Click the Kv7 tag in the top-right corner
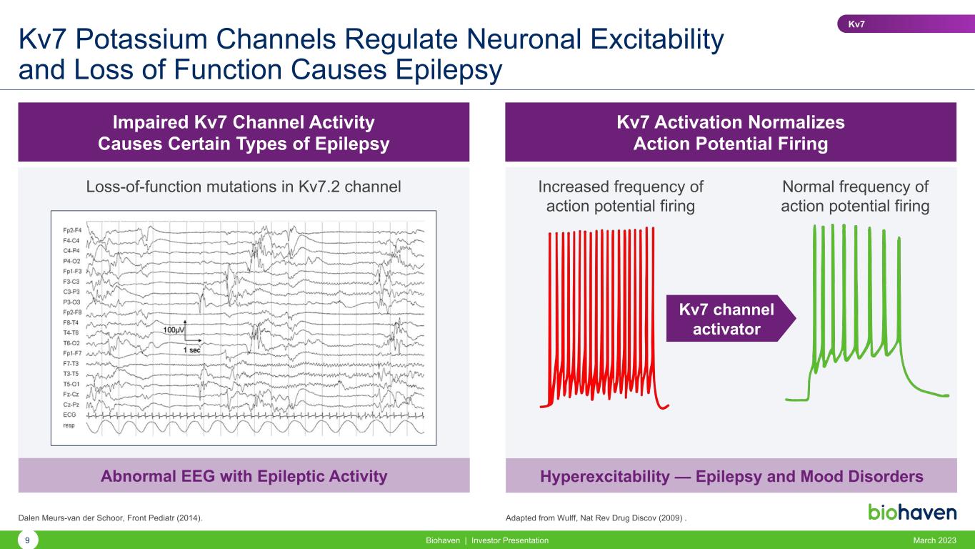pyautogui.click(x=906, y=24)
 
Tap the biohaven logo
pyautogui.click(x=912, y=513)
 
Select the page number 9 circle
pyautogui.click(x=27, y=540)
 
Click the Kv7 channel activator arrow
pyautogui.click(x=731, y=319)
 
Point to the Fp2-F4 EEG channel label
pyautogui.click(x=72, y=230)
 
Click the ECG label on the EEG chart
pyautogui.click(x=69, y=415)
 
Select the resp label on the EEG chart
pyautogui.click(x=69, y=425)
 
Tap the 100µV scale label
pyautogui.click(x=174, y=330)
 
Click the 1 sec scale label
pyautogui.click(x=191, y=350)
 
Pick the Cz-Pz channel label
pyautogui.click(x=71, y=405)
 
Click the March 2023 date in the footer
pyautogui.click(x=934, y=540)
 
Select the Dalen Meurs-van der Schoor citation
pyautogui.click(x=110, y=518)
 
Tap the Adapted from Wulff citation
pyautogui.click(x=596, y=518)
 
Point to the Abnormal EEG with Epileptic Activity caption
pyautogui.click(x=244, y=476)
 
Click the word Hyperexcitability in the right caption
pyautogui.click(x=604, y=476)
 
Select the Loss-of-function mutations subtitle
pyautogui.click(x=244, y=187)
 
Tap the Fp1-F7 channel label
pyautogui.click(x=72, y=353)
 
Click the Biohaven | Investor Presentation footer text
pyautogui.click(x=487, y=540)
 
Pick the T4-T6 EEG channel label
pyautogui.click(x=71, y=333)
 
